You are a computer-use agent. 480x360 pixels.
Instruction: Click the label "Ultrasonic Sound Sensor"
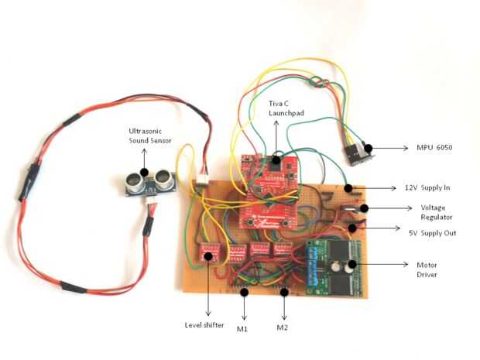click(149, 136)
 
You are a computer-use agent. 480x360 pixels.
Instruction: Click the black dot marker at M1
click(244, 292)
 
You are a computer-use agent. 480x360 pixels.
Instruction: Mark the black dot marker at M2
click(285, 292)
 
